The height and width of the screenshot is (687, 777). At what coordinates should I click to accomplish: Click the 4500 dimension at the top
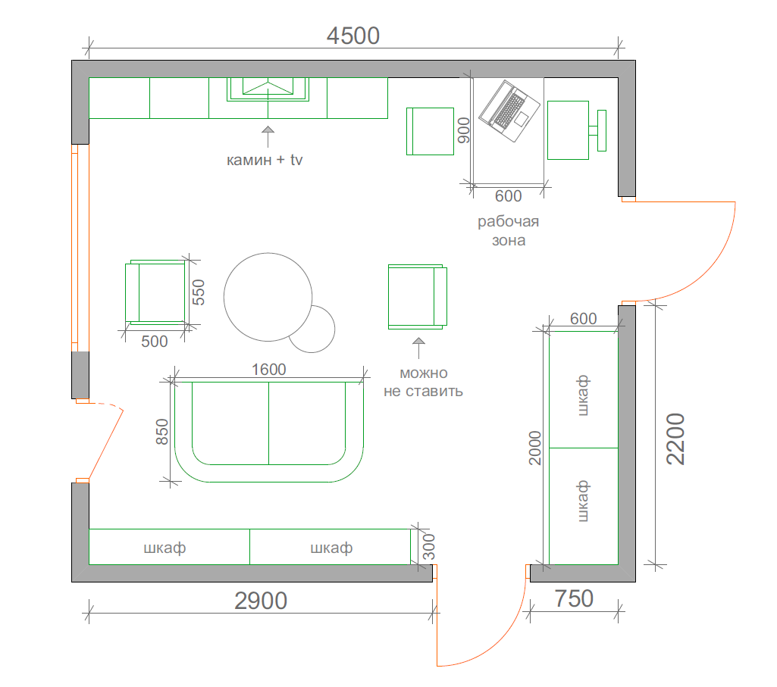click(x=352, y=36)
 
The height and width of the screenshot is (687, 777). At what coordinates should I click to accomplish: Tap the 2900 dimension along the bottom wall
click(x=261, y=601)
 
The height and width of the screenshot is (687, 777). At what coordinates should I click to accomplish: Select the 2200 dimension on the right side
click(x=675, y=439)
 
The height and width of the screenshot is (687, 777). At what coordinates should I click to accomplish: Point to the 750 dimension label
click(x=574, y=598)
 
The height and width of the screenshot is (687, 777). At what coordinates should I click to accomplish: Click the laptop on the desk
click(x=509, y=111)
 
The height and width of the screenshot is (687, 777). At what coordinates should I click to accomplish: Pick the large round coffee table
click(x=268, y=297)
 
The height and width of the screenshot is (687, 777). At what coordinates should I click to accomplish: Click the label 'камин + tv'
click(x=264, y=160)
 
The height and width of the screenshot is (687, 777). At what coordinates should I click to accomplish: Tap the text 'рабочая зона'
click(x=509, y=231)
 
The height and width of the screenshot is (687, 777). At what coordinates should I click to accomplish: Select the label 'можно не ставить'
click(x=423, y=382)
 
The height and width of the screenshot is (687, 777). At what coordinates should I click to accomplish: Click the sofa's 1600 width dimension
click(x=268, y=370)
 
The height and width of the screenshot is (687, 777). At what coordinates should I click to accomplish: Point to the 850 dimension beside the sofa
click(x=162, y=432)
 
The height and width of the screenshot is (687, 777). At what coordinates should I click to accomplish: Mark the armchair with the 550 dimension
click(x=155, y=292)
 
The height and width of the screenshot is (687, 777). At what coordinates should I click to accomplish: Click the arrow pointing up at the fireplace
click(x=268, y=136)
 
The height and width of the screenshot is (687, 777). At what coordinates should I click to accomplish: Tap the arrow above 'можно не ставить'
click(x=418, y=348)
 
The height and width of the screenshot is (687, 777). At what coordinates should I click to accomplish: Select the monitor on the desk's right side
click(x=597, y=130)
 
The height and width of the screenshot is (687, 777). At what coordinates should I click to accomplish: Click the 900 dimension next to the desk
click(x=463, y=130)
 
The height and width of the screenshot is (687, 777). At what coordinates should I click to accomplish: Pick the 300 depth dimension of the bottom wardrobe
click(x=429, y=546)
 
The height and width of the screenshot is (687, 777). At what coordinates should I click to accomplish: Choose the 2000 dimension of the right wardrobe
click(x=535, y=448)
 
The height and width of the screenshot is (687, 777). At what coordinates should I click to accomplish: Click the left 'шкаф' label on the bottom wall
click(x=164, y=548)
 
